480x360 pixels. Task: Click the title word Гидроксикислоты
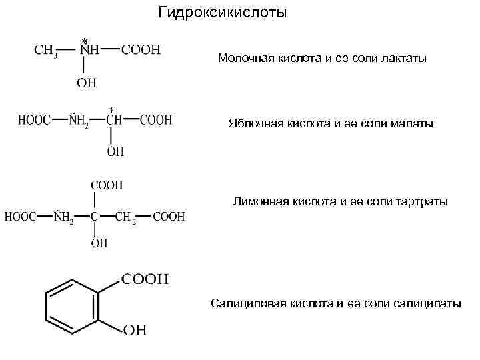(x=223, y=13)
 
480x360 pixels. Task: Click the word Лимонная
(x=259, y=201)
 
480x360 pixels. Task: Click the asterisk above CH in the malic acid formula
(x=111, y=109)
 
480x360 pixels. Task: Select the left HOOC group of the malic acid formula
(x=33, y=121)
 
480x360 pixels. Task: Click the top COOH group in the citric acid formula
(x=106, y=185)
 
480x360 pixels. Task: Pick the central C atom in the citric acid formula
(x=94, y=217)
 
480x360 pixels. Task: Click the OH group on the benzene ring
(x=135, y=329)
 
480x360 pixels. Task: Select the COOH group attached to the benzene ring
(x=145, y=279)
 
